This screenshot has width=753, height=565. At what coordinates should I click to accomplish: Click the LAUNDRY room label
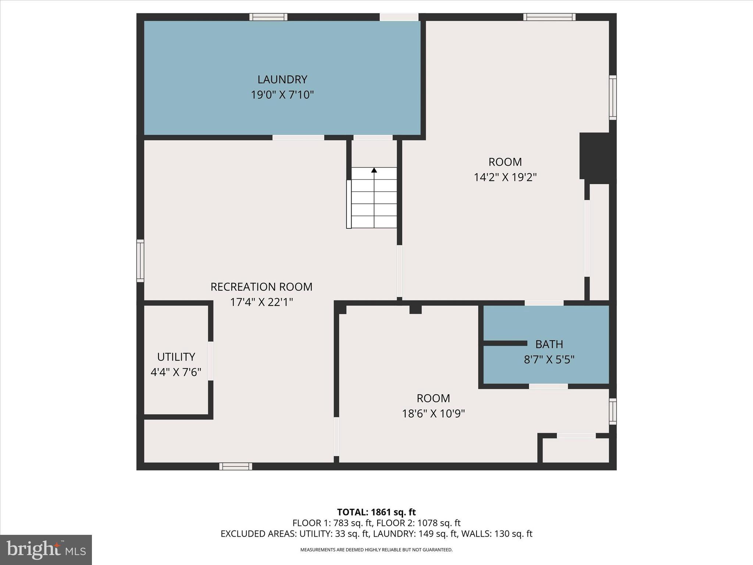point(282,79)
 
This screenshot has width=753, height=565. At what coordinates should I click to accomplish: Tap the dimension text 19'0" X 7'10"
point(282,95)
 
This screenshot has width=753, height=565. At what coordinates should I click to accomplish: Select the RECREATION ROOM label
point(261,287)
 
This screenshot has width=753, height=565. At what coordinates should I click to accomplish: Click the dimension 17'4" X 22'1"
point(261,302)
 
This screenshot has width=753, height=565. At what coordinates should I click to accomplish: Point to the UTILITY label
point(176,357)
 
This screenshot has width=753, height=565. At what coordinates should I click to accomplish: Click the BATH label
point(549,344)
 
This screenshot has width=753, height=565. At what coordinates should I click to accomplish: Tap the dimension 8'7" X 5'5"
point(549,359)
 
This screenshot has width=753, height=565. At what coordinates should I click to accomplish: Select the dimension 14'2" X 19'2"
point(505,177)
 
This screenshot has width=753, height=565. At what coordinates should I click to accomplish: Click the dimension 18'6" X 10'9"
point(433,414)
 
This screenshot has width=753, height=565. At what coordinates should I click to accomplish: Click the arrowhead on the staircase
point(374,170)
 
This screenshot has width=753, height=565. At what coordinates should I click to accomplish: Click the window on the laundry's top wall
point(268,17)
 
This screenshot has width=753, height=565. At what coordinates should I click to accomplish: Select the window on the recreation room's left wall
point(140,261)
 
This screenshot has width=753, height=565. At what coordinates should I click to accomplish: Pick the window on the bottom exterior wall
point(236,466)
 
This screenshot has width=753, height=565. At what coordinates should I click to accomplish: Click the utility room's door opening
point(211,361)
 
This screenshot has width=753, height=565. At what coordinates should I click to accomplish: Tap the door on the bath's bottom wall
point(548,386)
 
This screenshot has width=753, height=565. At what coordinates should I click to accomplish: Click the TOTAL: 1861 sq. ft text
point(376,512)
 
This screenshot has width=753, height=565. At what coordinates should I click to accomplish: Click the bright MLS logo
point(46,550)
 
